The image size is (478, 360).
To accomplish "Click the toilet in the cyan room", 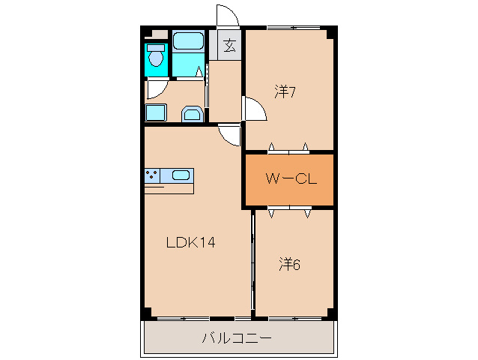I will tap(156, 56).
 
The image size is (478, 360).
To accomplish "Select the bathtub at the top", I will tap(188, 40).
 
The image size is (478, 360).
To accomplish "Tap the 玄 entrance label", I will tap(229, 46).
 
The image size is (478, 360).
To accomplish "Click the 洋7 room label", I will tap(285, 93).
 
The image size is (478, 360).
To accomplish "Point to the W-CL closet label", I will tap(288, 179).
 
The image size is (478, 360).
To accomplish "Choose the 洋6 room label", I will tap(290, 264).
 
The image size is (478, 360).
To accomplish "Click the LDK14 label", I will tap(191, 243).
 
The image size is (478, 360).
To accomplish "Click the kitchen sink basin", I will tap(181, 175).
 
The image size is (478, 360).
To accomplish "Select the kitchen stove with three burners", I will tap(153, 175).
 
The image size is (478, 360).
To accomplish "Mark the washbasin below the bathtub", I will tap(192, 114).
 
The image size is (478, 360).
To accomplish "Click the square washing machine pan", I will tap(155, 112).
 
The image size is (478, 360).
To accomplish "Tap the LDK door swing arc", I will tap(229, 135).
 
